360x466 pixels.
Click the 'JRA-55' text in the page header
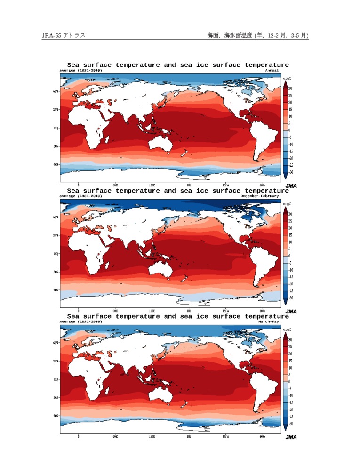pos(49,35)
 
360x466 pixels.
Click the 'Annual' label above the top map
pos(272,70)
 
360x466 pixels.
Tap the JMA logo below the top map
pos(291,186)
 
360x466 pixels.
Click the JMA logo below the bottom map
pos(291,437)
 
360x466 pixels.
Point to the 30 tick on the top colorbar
pos(290,88)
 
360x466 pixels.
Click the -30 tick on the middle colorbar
pos(291,297)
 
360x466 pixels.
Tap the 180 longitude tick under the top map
pos(189,185)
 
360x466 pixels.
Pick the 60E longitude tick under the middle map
pos(115,311)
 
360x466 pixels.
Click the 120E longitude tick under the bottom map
pos(152,436)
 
